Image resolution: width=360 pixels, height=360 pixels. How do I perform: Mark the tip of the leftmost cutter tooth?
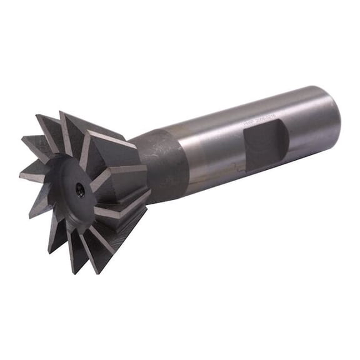coord(21,176)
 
